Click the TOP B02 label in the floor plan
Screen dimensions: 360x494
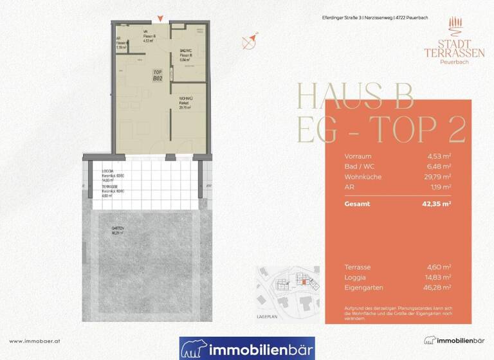156,75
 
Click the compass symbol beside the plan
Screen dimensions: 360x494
249,42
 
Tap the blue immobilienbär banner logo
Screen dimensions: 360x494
247,348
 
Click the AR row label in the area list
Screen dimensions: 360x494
349,186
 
